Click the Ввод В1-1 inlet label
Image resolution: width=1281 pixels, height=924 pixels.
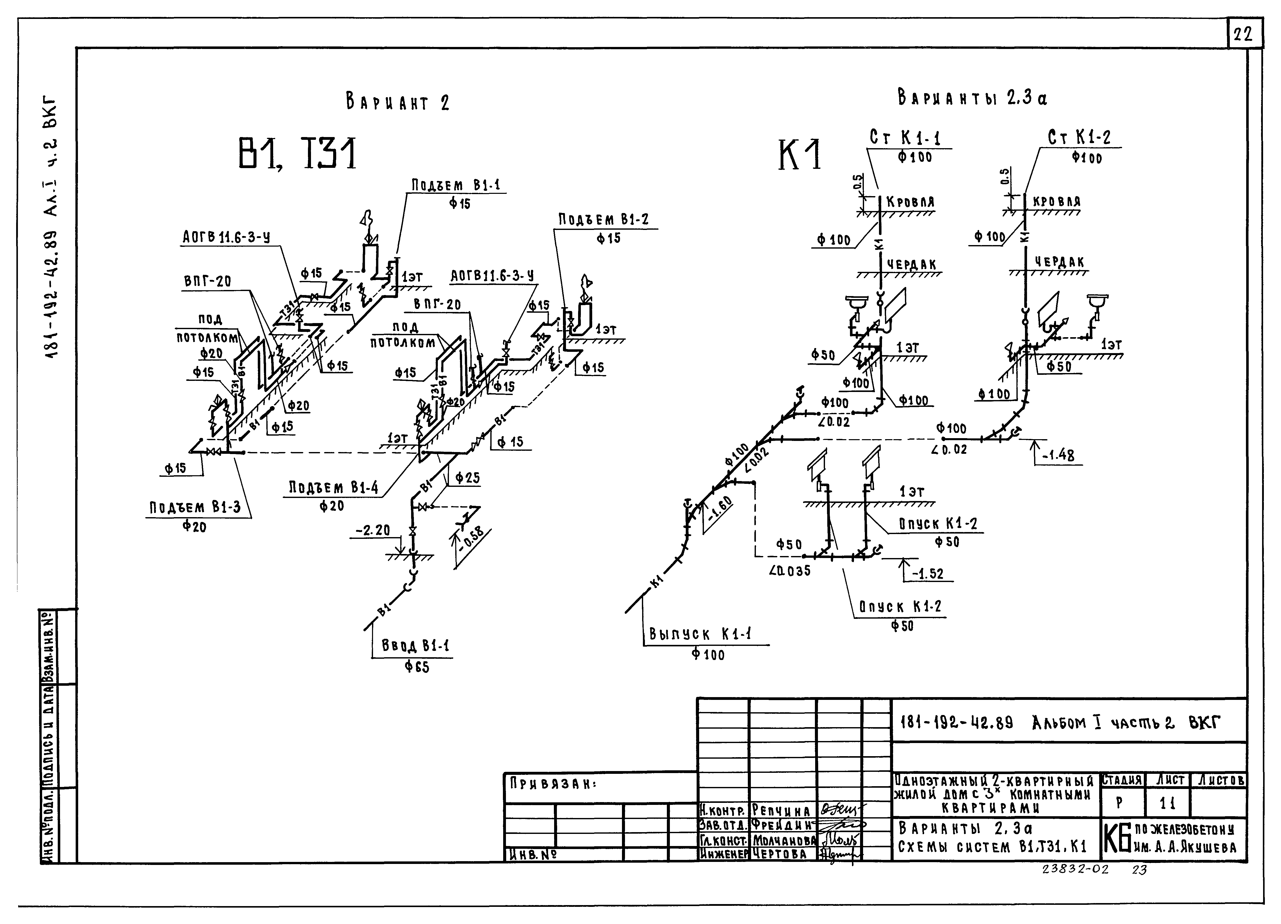(415, 645)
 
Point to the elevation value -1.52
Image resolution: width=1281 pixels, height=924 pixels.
(929, 574)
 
